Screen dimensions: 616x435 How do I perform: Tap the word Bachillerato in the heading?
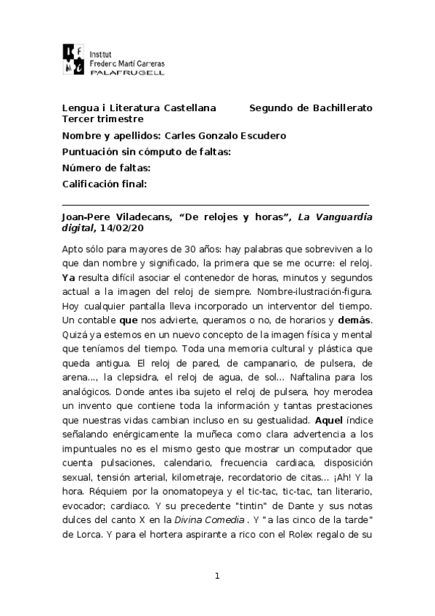point(341,108)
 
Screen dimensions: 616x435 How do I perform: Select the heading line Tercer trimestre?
point(102,118)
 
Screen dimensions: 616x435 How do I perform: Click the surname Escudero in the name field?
point(259,135)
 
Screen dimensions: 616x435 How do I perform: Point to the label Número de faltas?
point(106,168)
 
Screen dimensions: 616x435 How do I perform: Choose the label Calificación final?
point(105,184)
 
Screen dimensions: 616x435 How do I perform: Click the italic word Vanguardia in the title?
point(344,216)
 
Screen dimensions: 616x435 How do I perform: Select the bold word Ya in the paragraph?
point(69,277)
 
